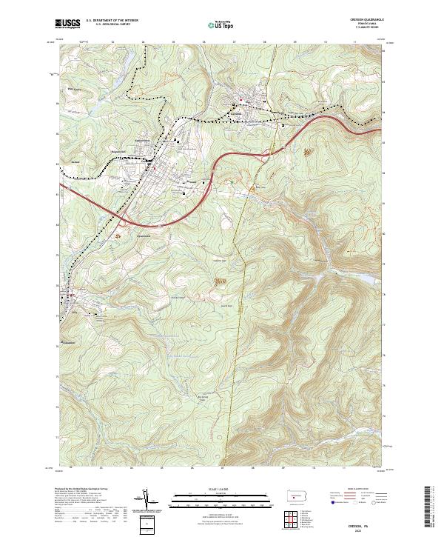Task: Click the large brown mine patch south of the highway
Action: [x=220, y=281]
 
